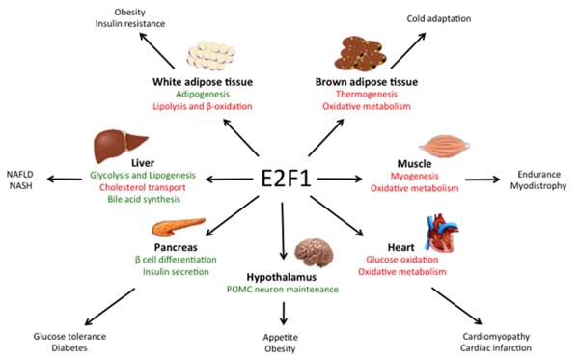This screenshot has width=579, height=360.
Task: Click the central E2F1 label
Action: pyautogui.click(x=289, y=179)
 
